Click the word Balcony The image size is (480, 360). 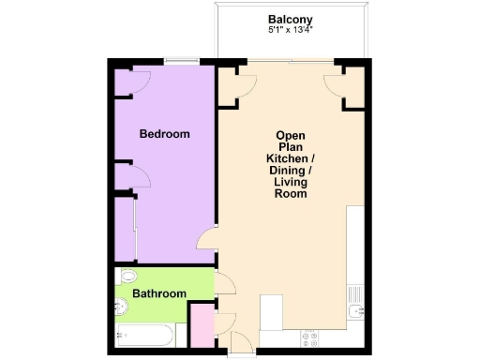[290, 19]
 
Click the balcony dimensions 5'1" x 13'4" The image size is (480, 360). [290, 30]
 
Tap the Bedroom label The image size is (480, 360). [164, 134]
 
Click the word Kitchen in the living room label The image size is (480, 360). [291, 158]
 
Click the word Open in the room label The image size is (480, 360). [291, 135]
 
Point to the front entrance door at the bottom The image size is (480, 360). [240, 344]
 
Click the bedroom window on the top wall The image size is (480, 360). [181, 62]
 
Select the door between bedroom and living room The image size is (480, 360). [208, 241]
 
